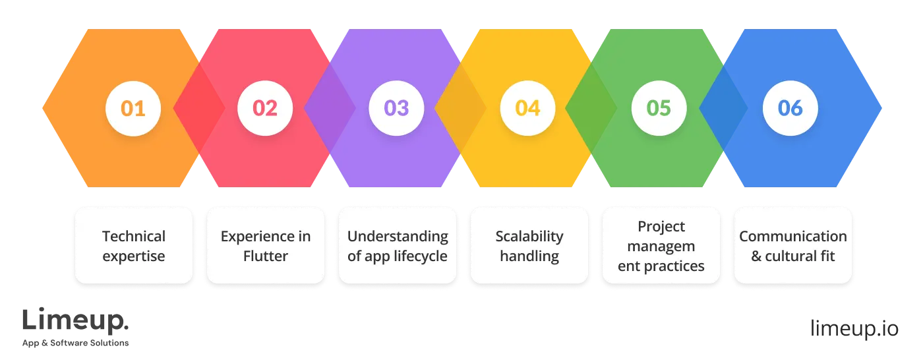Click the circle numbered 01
133,108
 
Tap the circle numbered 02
265,108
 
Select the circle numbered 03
396,108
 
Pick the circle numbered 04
527,108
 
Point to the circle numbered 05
659,108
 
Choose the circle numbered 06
790,108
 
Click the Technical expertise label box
134,245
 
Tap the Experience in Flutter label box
266,245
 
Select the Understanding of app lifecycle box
398,245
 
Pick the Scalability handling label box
529,245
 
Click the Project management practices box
661,245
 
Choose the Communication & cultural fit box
793,245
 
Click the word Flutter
266,256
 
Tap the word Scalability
529,236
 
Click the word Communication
793,236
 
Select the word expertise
134,256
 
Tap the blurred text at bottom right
854,327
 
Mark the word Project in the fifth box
661,227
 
